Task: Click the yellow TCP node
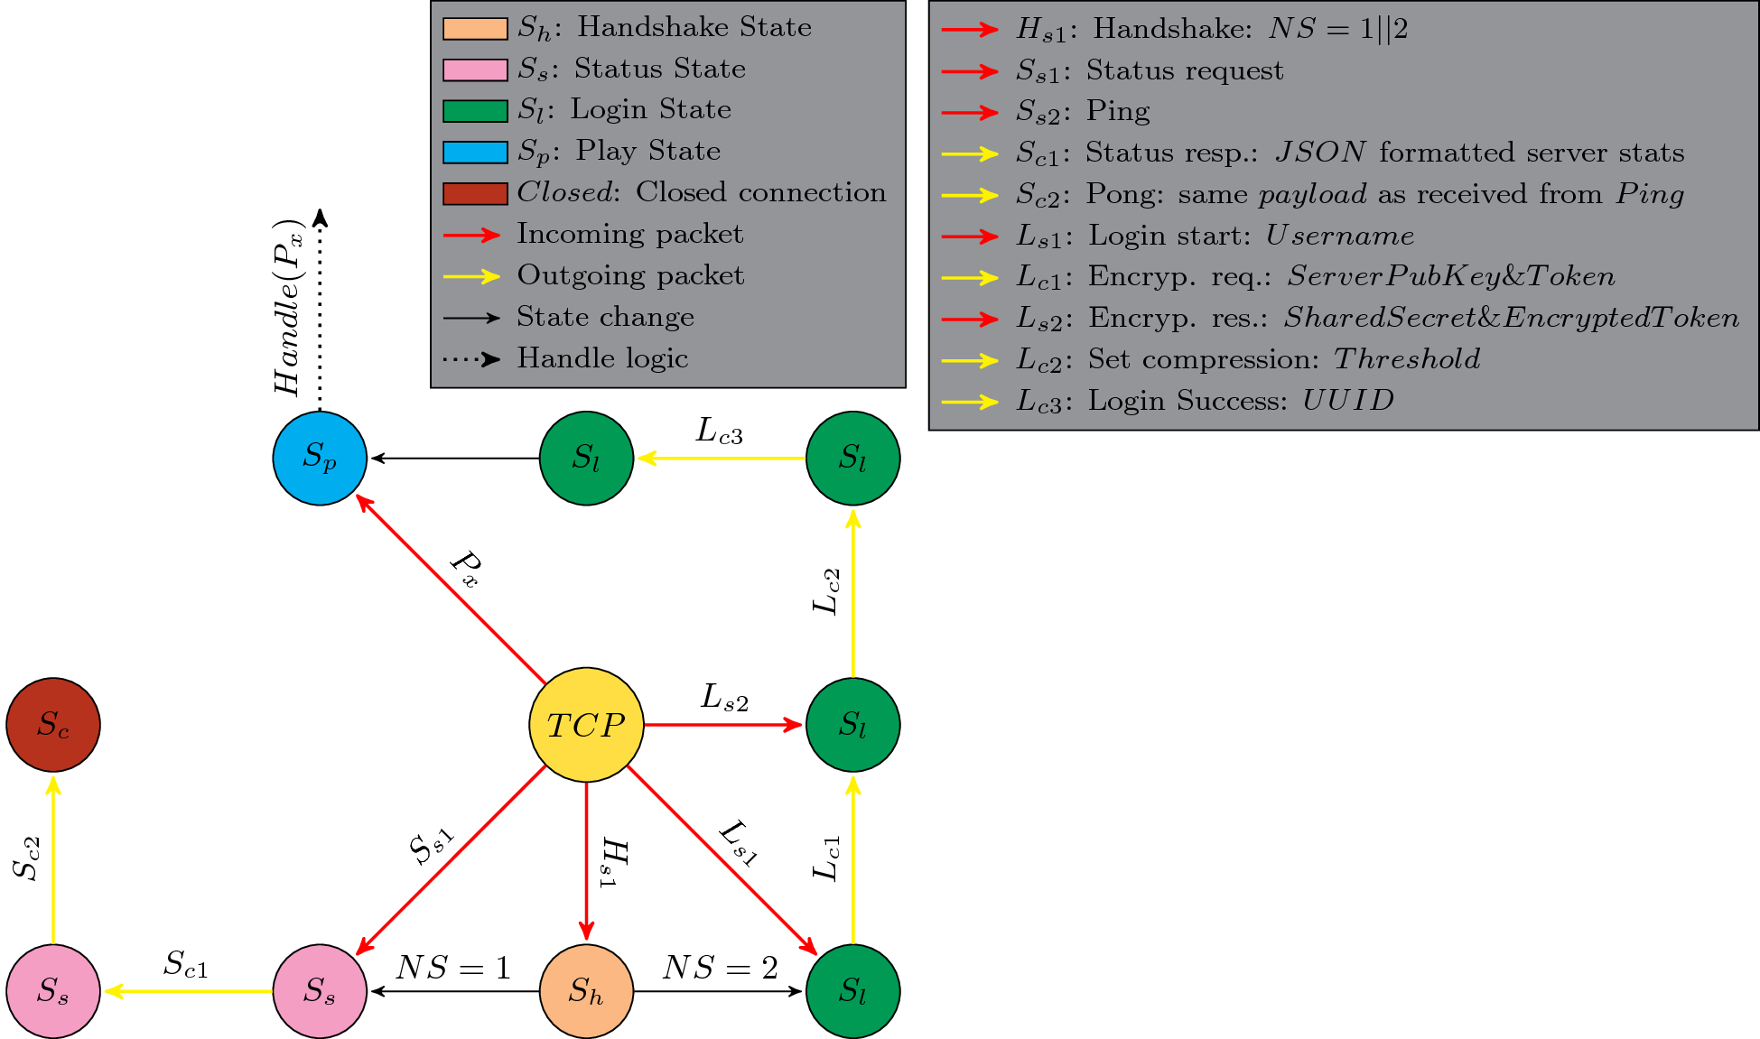[586, 725]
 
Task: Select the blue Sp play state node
[320, 458]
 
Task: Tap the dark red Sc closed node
[53, 725]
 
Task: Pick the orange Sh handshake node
[586, 991]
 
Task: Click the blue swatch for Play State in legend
[475, 153]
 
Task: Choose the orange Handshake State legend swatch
[475, 29]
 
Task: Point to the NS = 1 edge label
[453, 968]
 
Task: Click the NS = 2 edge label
[720, 968]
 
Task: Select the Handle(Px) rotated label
[289, 307]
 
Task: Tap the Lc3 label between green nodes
[720, 431]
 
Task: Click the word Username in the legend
[1339, 236]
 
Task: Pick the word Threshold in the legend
[1407, 359]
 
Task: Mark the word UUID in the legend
[1347, 401]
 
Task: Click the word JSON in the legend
[1320, 153]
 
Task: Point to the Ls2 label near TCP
[724, 698]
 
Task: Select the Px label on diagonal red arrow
[466, 570]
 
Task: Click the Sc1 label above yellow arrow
[186, 964]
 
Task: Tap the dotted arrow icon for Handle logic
[471, 359]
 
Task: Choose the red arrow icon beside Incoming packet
[471, 236]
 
